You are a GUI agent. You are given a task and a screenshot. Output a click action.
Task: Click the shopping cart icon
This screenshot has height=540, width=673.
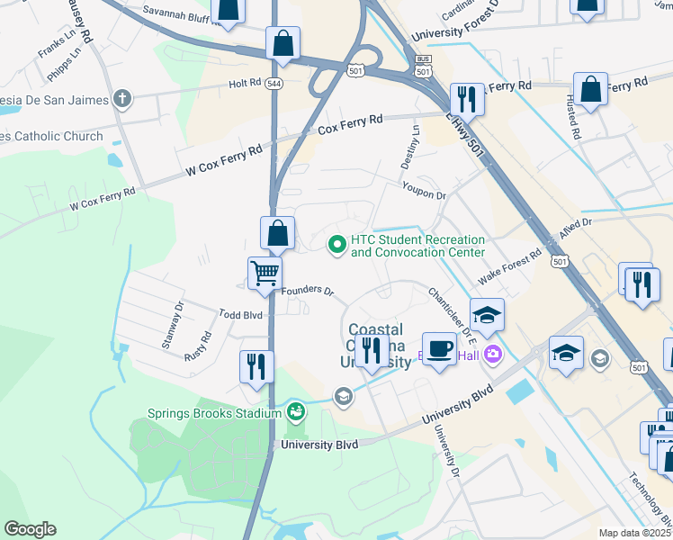[x=265, y=272]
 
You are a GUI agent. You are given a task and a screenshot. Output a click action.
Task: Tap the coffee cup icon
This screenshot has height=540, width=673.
[x=439, y=347]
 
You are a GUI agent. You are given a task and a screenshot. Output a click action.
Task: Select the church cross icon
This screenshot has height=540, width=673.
[x=121, y=98]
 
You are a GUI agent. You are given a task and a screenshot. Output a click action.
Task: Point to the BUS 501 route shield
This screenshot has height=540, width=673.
[x=423, y=68]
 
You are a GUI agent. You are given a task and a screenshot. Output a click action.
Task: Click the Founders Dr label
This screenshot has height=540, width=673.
[x=308, y=292]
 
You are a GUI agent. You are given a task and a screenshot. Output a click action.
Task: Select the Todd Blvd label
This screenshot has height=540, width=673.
[x=240, y=315]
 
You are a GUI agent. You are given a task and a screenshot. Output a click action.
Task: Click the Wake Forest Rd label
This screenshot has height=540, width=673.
[x=509, y=267]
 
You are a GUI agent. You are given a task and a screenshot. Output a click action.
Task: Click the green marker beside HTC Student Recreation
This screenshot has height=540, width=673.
[x=336, y=244]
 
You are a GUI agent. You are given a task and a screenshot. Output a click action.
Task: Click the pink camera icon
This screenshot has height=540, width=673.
[x=492, y=354]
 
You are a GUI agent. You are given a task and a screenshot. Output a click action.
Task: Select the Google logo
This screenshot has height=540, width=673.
[x=30, y=529]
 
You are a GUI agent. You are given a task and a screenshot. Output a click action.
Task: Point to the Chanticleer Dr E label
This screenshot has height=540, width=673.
[x=451, y=310]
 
